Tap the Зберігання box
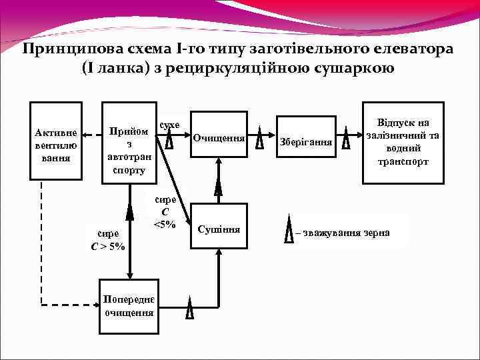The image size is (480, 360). tap(306, 141)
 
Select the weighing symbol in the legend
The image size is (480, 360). tap(289, 230)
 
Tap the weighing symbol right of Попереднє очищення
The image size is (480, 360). tap(189, 308)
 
